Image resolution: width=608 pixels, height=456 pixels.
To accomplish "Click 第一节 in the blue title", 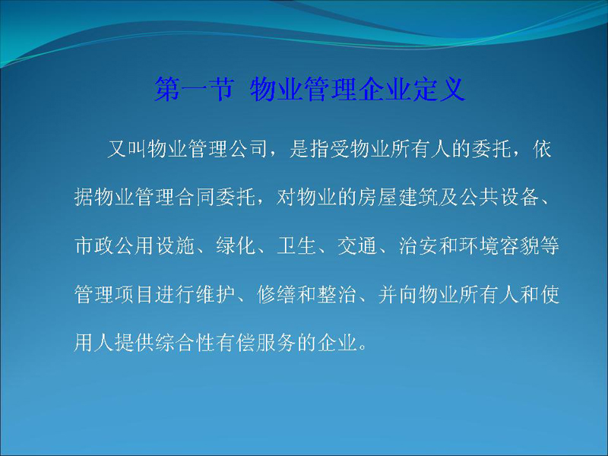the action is [194, 89].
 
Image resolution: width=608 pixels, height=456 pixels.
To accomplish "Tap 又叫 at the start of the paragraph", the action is [127, 149].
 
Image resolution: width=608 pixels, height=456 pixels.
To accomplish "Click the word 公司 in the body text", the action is [249, 149].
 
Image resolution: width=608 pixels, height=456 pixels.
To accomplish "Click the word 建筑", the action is [417, 197].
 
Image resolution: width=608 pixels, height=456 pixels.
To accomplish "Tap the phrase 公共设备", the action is [499, 197].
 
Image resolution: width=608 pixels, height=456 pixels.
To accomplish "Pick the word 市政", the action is [93, 245].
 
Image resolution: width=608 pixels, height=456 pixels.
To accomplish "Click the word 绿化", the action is [236, 245].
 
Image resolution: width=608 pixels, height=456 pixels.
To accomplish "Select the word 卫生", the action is [296, 245].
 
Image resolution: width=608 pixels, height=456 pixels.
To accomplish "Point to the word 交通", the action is [356, 245].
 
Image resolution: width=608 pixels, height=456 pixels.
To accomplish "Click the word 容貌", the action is [519, 245].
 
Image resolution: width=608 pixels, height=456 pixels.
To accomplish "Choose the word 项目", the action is [135, 294].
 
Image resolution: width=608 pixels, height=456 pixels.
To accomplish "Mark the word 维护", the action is [215, 294].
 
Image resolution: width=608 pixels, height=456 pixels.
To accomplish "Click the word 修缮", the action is [276, 294].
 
